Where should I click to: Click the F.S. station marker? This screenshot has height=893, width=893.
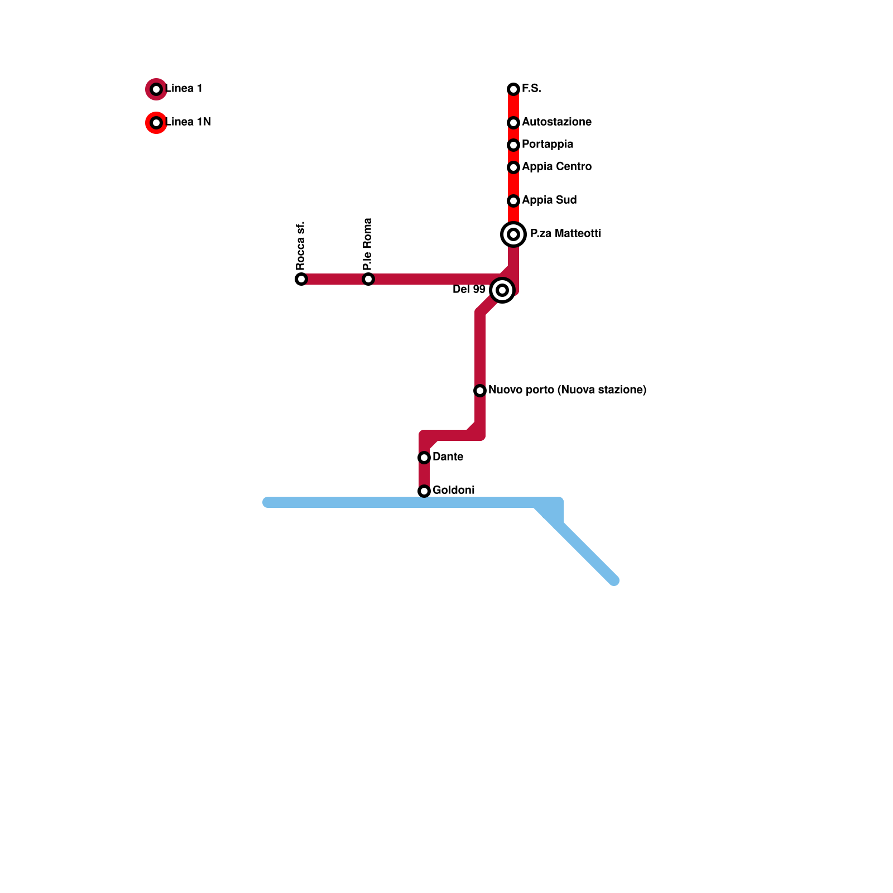(513, 89)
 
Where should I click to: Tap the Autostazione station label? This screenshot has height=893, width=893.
(556, 122)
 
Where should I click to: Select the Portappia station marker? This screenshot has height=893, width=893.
(513, 145)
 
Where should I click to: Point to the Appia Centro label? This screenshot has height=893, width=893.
(556, 167)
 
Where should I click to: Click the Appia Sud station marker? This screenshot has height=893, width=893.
(513, 201)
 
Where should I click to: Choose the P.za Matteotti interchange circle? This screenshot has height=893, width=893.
(513, 234)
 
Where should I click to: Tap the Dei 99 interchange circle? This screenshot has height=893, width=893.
(502, 290)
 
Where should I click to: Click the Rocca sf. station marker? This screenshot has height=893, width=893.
(301, 279)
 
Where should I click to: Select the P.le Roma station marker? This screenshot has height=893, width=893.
(368, 279)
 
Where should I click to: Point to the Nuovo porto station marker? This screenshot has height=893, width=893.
(480, 391)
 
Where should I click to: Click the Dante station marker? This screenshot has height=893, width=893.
(424, 458)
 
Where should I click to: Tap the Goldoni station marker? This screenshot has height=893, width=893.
(424, 491)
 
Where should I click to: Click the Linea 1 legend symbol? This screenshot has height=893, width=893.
(156, 89)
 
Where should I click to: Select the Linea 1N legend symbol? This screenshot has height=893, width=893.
(156, 123)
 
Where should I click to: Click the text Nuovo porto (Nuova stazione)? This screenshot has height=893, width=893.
(567, 390)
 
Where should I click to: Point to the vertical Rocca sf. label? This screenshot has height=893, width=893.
(301, 246)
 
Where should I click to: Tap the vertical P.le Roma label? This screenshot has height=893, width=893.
(367, 244)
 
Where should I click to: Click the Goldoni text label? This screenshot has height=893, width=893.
(453, 491)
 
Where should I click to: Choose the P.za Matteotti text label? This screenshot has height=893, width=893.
(565, 234)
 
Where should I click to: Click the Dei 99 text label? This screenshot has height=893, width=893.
(469, 290)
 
